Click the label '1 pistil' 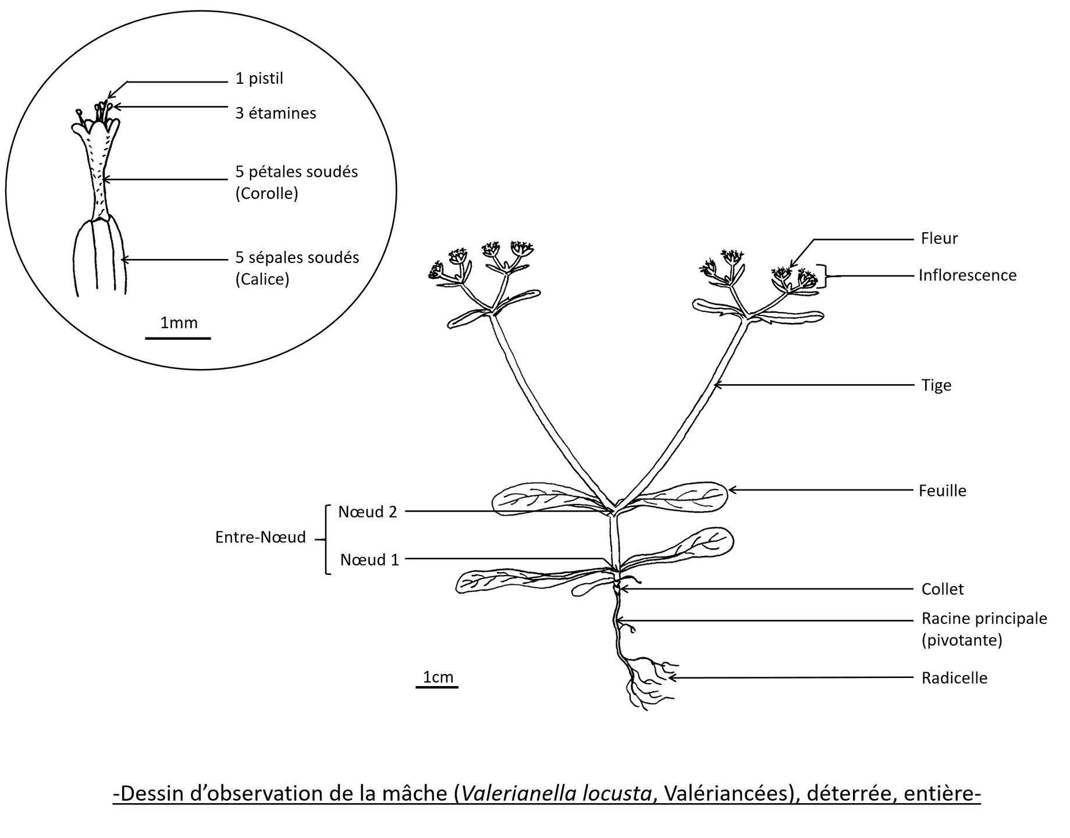[x=259, y=79]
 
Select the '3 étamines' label [x=275, y=113]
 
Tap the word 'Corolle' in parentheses [x=266, y=193]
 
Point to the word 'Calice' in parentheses [x=262, y=279]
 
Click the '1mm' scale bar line [x=177, y=338]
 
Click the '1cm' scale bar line [x=437, y=687]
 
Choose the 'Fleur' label [x=939, y=239]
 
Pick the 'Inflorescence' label [x=967, y=275]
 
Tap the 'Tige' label [x=936, y=385]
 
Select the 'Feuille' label [x=942, y=491]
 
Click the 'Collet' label [x=942, y=589]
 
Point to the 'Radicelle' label [x=954, y=678]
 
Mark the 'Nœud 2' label [x=367, y=512]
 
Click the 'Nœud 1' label [x=369, y=560]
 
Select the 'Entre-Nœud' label [x=260, y=537]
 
